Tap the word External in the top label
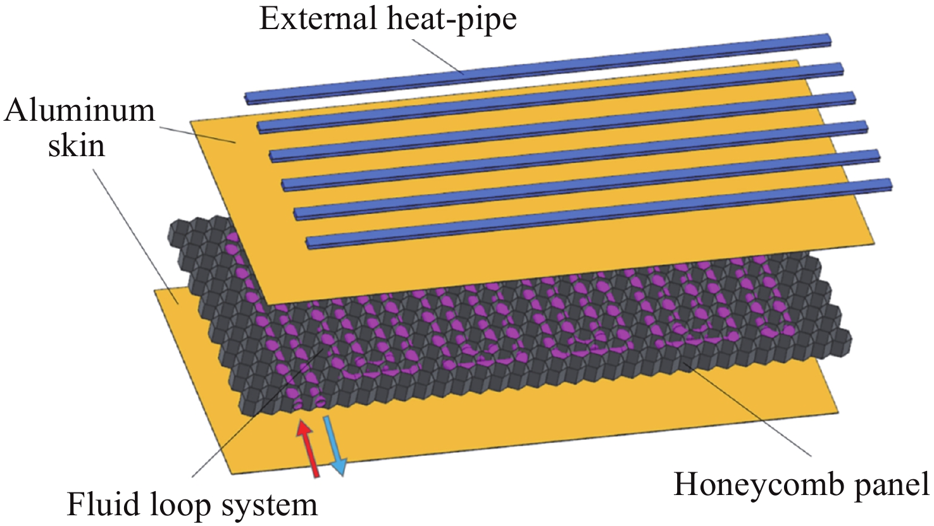318,19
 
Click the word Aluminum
80,111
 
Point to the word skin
77,146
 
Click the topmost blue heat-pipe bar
538,68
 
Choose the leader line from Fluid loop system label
259,411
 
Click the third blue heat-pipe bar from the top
563,126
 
